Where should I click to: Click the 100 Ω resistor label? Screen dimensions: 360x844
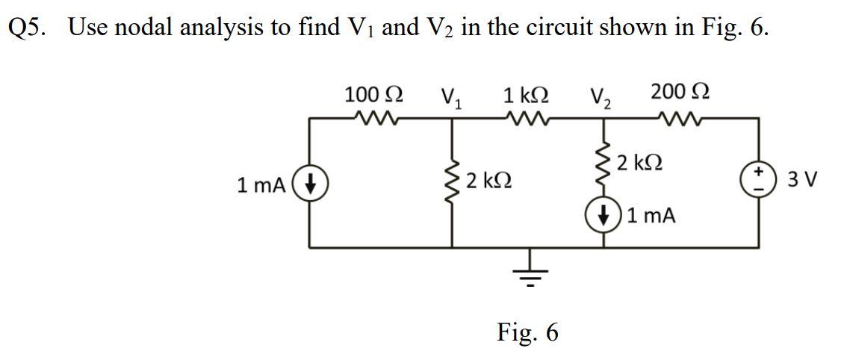click(373, 95)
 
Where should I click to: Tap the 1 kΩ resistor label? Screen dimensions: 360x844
click(526, 95)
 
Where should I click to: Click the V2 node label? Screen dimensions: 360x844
click(600, 97)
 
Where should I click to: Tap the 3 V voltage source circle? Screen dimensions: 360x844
click(760, 181)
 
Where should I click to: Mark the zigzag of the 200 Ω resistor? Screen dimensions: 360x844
click(680, 117)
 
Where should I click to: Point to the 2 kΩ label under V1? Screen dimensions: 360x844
click(488, 181)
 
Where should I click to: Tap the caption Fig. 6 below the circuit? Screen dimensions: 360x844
click(527, 332)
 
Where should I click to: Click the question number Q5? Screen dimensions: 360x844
click(28, 28)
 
